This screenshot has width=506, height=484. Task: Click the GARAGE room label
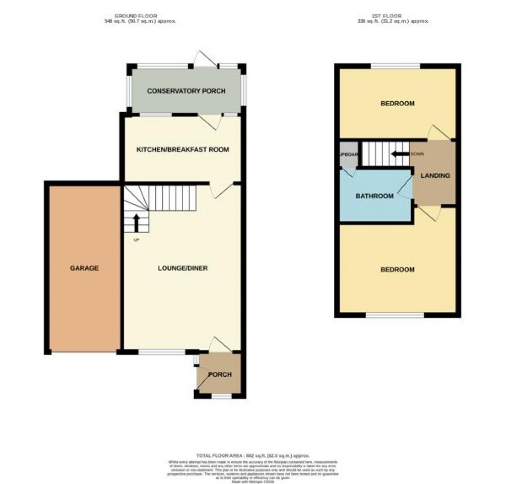(84, 268)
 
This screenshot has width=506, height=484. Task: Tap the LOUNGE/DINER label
(183, 268)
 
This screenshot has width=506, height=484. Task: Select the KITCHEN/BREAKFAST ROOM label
(183, 149)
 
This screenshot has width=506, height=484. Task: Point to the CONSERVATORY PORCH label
(186, 91)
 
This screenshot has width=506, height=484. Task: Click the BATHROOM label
(375, 196)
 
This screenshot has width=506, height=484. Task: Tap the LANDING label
(435, 176)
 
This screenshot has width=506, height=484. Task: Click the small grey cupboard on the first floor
(347, 155)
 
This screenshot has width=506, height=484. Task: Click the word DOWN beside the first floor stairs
(417, 154)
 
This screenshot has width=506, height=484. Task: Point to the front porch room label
(219, 374)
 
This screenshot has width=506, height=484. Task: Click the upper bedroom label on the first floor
(397, 104)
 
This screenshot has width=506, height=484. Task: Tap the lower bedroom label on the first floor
(397, 270)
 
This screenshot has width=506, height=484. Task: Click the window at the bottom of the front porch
(221, 396)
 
